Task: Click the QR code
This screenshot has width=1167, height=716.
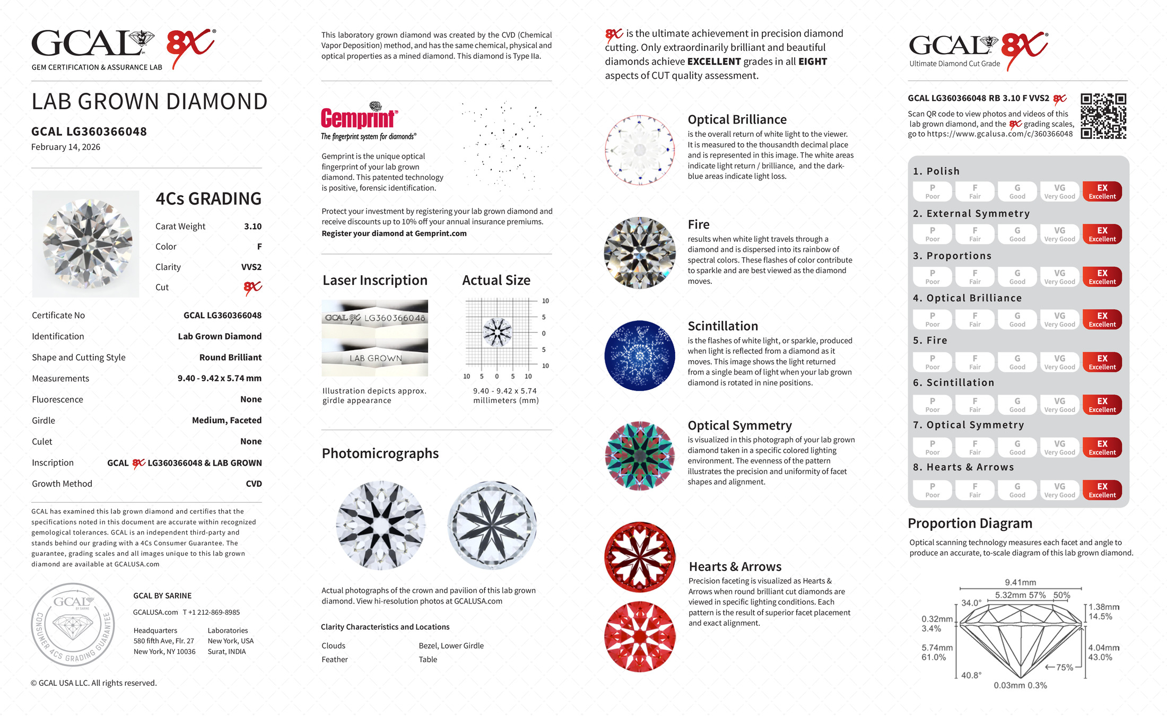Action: pyautogui.click(x=1103, y=116)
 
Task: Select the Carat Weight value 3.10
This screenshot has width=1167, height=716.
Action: pyautogui.click(x=252, y=226)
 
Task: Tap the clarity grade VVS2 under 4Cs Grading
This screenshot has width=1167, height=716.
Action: pyautogui.click(x=251, y=267)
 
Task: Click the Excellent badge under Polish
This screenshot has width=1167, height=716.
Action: pyautogui.click(x=1102, y=191)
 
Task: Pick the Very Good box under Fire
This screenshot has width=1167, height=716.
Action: pyautogui.click(x=1059, y=362)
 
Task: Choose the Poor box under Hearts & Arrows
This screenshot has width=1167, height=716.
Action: pyautogui.click(x=932, y=490)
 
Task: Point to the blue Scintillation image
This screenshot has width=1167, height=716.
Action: pyautogui.click(x=640, y=355)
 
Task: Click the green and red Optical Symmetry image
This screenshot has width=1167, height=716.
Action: pyautogui.click(x=640, y=456)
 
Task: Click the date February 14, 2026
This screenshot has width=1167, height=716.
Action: pyautogui.click(x=66, y=147)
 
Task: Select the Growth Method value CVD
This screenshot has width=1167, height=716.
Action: pyautogui.click(x=254, y=484)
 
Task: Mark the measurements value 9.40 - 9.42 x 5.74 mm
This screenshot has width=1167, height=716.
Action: pyautogui.click(x=219, y=379)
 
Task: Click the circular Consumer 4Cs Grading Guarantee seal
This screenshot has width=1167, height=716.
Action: pyautogui.click(x=73, y=625)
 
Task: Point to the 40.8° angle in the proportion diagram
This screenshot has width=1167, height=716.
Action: pyautogui.click(x=971, y=675)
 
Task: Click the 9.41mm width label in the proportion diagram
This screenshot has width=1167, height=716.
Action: pyautogui.click(x=1020, y=582)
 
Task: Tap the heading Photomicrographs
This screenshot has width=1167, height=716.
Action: pyautogui.click(x=380, y=453)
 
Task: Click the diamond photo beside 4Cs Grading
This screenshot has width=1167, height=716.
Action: pyautogui.click(x=86, y=244)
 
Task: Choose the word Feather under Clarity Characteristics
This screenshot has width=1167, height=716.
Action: pyautogui.click(x=335, y=660)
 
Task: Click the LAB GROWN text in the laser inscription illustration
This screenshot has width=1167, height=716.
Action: pyautogui.click(x=376, y=359)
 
